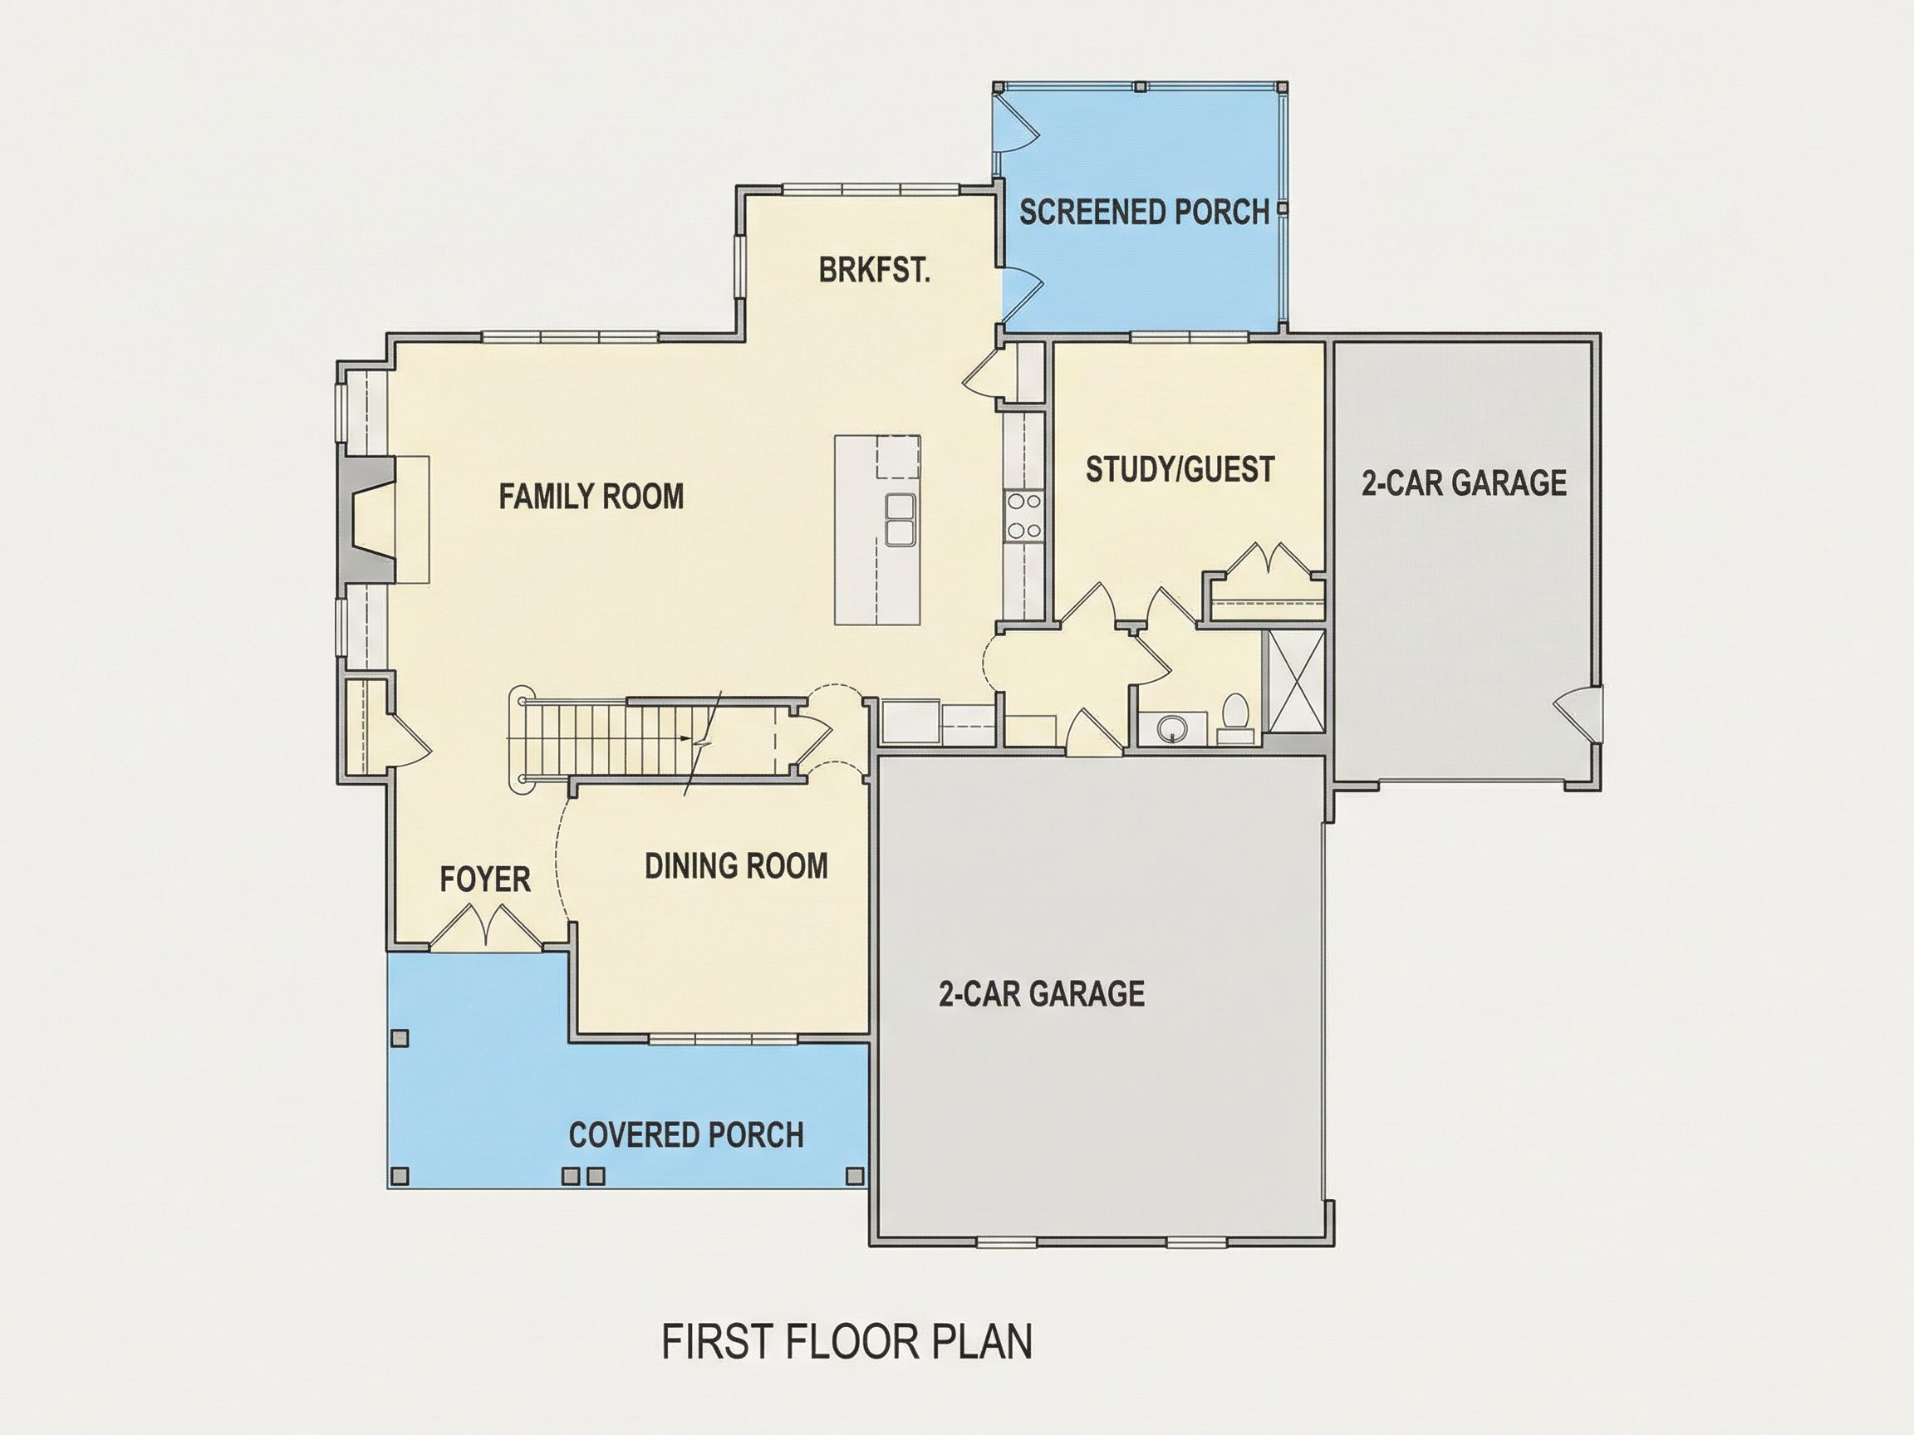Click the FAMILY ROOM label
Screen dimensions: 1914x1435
point(591,497)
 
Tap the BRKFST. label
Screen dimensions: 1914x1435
point(875,271)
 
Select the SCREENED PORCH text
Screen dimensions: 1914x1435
point(1144,212)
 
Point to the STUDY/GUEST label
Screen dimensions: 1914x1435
point(1180,470)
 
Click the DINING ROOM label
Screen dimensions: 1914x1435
point(736,866)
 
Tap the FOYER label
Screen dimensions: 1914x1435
point(484,879)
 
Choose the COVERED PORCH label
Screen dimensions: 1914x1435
point(686,1135)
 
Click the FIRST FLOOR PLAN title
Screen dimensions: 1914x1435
point(847,1342)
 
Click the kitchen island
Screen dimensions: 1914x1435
point(877,530)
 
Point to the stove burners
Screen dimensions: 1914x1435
point(1024,516)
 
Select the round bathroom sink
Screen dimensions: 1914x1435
point(1172,728)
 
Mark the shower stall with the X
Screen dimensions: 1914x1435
point(1295,682)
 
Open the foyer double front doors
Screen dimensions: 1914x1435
point(486,927)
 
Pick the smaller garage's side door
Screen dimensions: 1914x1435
point(1577,715)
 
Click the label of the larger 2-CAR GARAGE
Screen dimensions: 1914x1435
point(1042,994)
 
